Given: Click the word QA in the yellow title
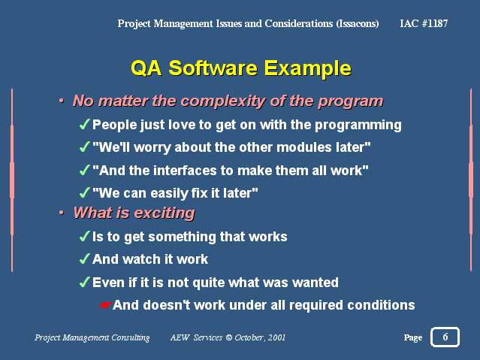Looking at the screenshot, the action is tap(146, 68).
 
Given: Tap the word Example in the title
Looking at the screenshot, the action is tap(308, 69).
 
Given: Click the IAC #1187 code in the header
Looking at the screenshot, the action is tap(424, 23).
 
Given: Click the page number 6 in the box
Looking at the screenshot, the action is tap(445, 337).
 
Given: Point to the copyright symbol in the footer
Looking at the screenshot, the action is tap(229, 337).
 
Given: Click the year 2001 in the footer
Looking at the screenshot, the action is tap(276, 337).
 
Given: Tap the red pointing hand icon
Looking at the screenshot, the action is tap(105, 305).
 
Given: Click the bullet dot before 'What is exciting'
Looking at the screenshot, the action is tap(62, 213).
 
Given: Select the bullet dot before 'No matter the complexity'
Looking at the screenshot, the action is tap(62, 101).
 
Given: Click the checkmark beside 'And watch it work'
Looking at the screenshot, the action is tap(85, 259).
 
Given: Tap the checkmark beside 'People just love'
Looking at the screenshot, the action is tap(85, 125).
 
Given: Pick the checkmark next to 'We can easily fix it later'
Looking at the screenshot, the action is tap(85, 192).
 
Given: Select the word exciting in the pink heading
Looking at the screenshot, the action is tap(165, 213).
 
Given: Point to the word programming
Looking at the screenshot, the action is tap(358, 126).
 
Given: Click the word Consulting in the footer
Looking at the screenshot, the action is tap(131, 337).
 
